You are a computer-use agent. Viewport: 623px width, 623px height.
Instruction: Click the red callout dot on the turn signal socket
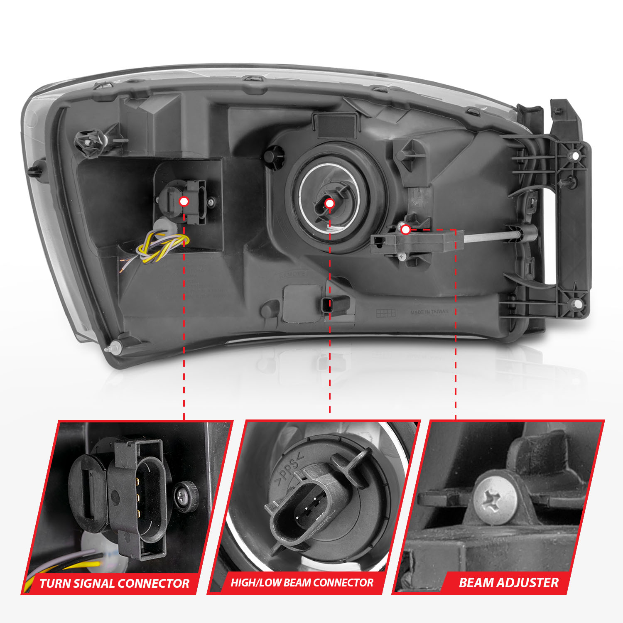pyautogui.click(x=184, y=201)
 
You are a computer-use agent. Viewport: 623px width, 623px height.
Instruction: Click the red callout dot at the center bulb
pyautogui.click(x=329, y=204)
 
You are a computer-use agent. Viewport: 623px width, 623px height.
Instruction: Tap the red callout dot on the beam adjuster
pyautogui.click(x=406, y=229)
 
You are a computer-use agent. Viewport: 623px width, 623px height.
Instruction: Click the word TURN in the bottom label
pyautogui.click(x=55, y=584)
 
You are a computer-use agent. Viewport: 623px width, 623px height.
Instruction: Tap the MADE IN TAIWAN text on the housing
pyautogui.click(x=429, y=312)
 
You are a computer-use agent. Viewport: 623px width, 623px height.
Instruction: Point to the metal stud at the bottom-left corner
pyautogui.click(x=117, y=345)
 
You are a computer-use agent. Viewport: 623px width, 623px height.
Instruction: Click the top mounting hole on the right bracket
pyautogui.click(x=576, y=156)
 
